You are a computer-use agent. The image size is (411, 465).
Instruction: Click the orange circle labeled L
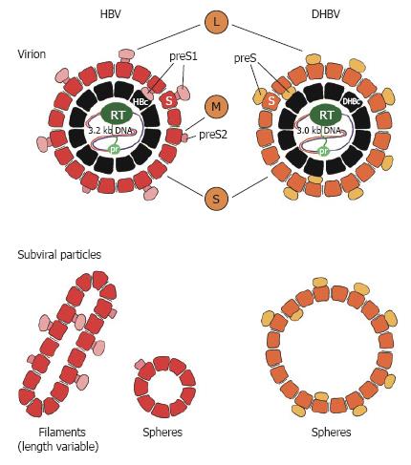click(216, 22)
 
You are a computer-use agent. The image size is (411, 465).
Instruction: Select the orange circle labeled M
click(216, 106)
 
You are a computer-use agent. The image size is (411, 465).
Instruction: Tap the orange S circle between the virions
click(216, 199)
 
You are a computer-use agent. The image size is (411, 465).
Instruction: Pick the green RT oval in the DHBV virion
click(326, 115)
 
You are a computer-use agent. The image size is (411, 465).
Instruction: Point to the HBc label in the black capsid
click(141, 102)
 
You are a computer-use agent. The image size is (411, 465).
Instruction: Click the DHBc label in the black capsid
click(351, 102)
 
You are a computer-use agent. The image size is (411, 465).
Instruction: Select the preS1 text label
click(184, 56)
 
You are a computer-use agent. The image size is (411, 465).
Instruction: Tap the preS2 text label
click(213, 135)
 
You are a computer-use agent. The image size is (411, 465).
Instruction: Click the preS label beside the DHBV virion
click(245, 58)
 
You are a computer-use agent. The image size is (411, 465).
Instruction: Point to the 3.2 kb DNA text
click(110, 131)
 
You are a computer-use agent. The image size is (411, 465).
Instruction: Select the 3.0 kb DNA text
click(319, 131)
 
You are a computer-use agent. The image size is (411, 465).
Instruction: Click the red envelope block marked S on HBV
click(169, 101)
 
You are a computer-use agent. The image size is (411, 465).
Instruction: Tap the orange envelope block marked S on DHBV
click(271, 101)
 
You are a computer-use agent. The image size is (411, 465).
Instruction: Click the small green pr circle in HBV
click(114, 149)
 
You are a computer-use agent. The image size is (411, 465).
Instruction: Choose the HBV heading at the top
click(111, 14)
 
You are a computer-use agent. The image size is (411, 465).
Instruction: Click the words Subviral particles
click(59, 255)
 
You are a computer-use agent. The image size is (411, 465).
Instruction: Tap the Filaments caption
click(62, 432)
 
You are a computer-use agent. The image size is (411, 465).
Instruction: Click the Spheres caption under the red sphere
click(162, 433)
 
